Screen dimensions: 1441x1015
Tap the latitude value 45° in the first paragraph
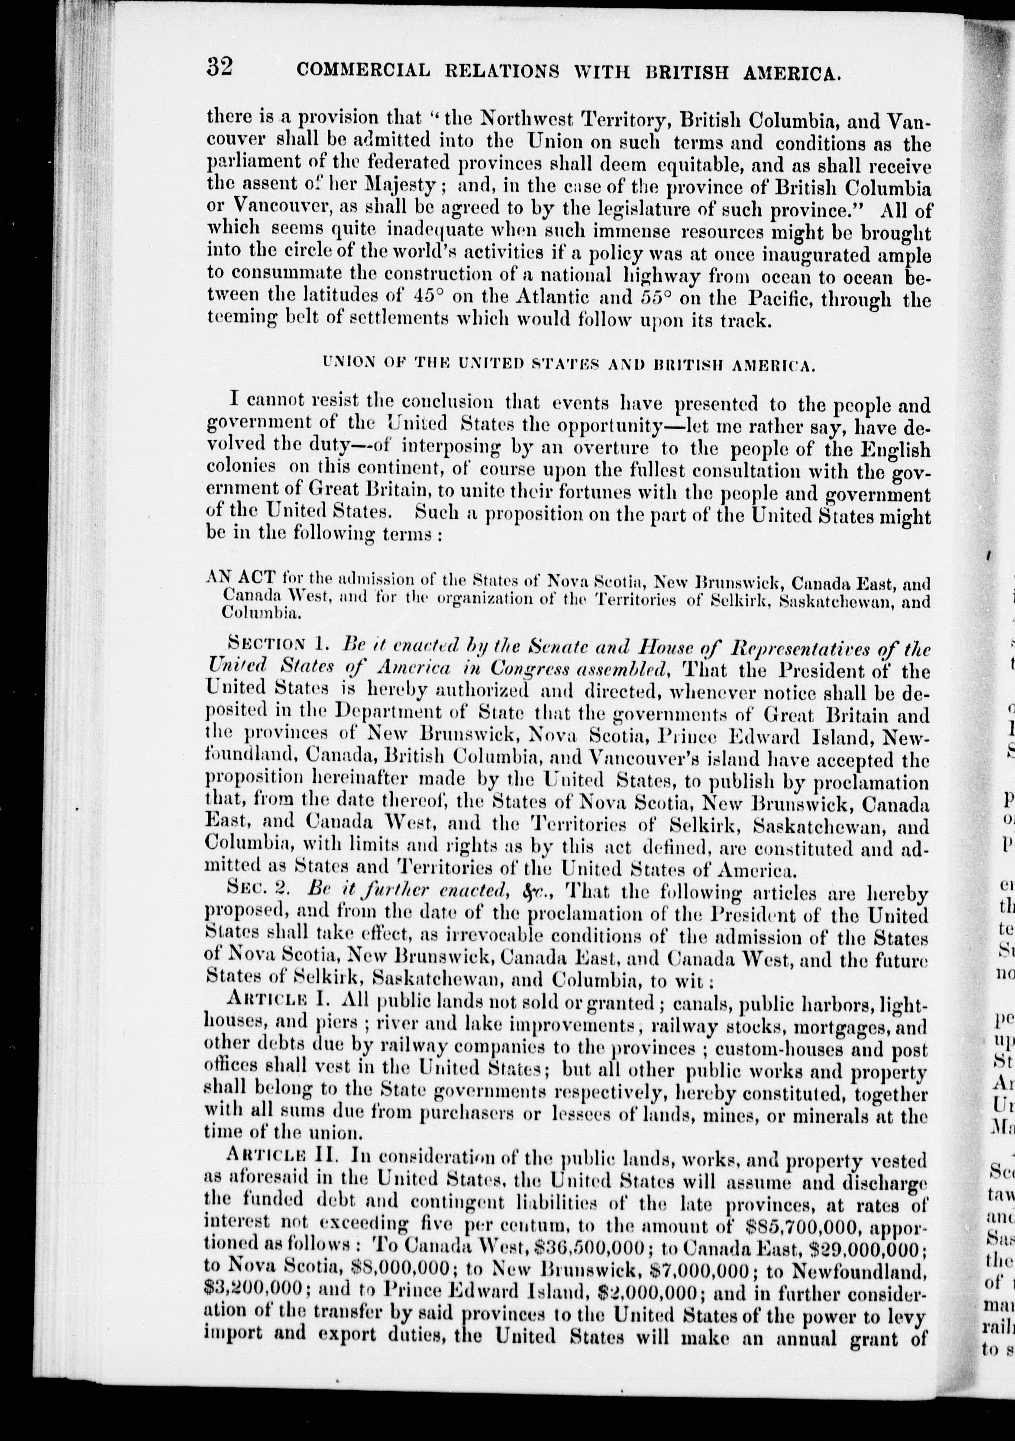coord(428,296)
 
